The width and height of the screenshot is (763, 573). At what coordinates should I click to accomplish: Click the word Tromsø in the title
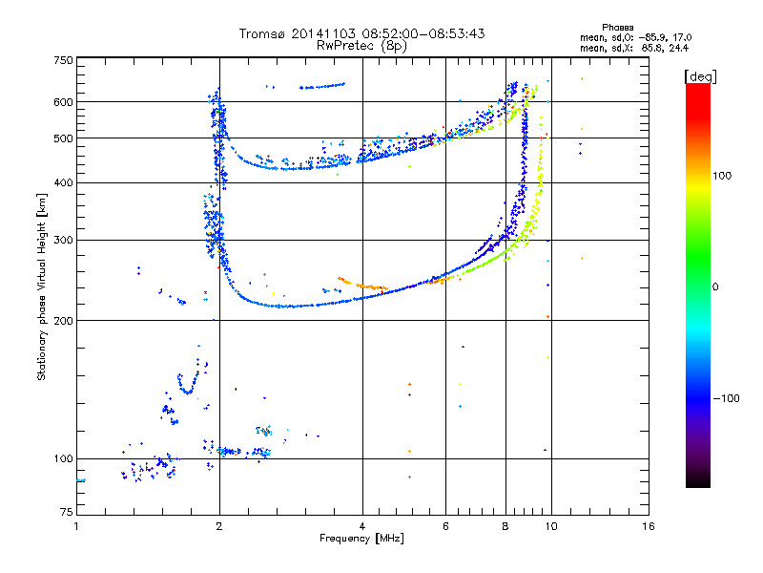[x=262, y=33]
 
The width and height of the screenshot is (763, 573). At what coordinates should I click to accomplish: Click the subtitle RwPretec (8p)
[x=361, y=46]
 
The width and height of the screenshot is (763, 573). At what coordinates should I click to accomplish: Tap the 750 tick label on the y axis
[x=64, y=60]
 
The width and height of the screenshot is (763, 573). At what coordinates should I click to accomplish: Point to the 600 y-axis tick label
[x=64, y=102]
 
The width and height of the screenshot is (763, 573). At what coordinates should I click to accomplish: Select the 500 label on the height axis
[x=64, y=138]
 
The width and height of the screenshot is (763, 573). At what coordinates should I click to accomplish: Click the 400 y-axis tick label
[x=64, y=183]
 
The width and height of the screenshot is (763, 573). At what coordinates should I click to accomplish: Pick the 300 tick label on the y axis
[x=64, y=241]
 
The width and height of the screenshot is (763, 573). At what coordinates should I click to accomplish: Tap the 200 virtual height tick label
[x=64, y=321]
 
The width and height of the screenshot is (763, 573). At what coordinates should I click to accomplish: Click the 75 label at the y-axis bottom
[x=67, y=512]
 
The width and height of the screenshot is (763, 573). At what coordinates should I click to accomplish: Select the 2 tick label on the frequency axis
[x=219, y=526]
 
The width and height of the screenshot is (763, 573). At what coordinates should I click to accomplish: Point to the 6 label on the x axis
[x=445, y=526]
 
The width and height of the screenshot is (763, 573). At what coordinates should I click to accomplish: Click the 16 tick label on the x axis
[x=649, y=526]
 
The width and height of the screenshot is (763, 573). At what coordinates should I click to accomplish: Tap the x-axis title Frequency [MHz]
[x=361, y=539]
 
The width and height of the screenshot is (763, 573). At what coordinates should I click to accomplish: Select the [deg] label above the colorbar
[x=700, y=76]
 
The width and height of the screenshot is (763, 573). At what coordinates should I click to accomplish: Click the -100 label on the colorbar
[x=726, y=398]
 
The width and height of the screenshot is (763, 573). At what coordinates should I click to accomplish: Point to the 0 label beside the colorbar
[x=715, y=287]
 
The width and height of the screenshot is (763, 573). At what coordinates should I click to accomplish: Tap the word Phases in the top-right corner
[x=617, y=28]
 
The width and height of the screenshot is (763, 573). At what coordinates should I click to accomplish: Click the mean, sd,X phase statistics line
[x=634, y=49]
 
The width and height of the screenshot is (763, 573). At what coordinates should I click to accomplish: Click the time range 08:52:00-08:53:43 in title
[x=423, y=33]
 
